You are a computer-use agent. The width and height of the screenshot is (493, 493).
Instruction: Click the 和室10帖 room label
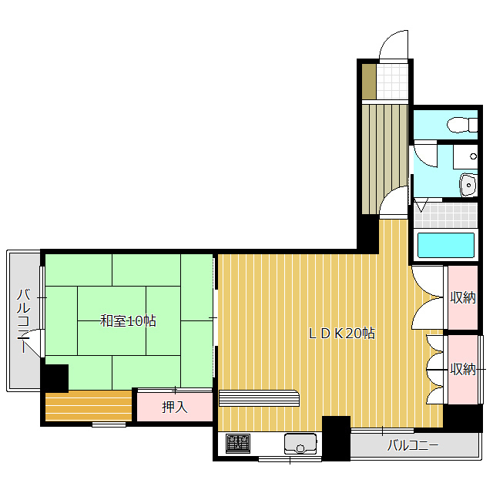pos(128,321)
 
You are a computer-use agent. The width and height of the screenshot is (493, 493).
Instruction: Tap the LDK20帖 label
pos(342,334)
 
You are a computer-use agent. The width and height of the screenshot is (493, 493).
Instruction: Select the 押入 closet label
pos(175,407)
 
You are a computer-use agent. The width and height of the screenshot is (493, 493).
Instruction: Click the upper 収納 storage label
pos(463,297)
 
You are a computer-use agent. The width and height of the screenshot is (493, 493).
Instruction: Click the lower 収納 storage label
pos(463,370)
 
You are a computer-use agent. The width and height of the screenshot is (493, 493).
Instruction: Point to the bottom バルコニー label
pos(412,445)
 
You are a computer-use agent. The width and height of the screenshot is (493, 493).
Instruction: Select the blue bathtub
pos(445,246)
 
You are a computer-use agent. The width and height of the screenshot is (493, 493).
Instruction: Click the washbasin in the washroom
pos(468,186)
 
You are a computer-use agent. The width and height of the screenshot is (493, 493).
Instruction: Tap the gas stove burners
pos(237,444)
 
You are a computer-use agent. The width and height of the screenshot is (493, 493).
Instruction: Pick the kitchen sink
pos(300,444)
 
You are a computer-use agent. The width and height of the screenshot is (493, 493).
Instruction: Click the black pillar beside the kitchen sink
pos(336,437)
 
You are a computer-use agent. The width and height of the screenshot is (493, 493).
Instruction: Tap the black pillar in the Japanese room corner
pos(55,377)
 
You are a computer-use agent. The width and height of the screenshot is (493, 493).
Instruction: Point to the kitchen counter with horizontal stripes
pos(258,397)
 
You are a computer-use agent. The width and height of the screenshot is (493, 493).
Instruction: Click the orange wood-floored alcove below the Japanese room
pos(89,406)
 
